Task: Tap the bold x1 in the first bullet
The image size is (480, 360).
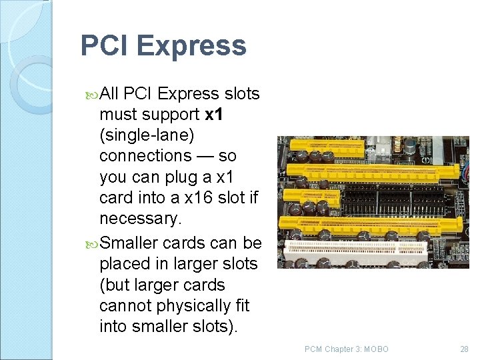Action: [214, 115]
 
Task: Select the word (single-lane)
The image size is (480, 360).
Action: [147, 135]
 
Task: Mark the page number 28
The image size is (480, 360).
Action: [464, 349]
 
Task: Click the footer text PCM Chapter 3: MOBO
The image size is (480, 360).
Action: [346, 349]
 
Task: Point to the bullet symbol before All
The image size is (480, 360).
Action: [92, 95]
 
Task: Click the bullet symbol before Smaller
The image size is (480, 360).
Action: [92, 243]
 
